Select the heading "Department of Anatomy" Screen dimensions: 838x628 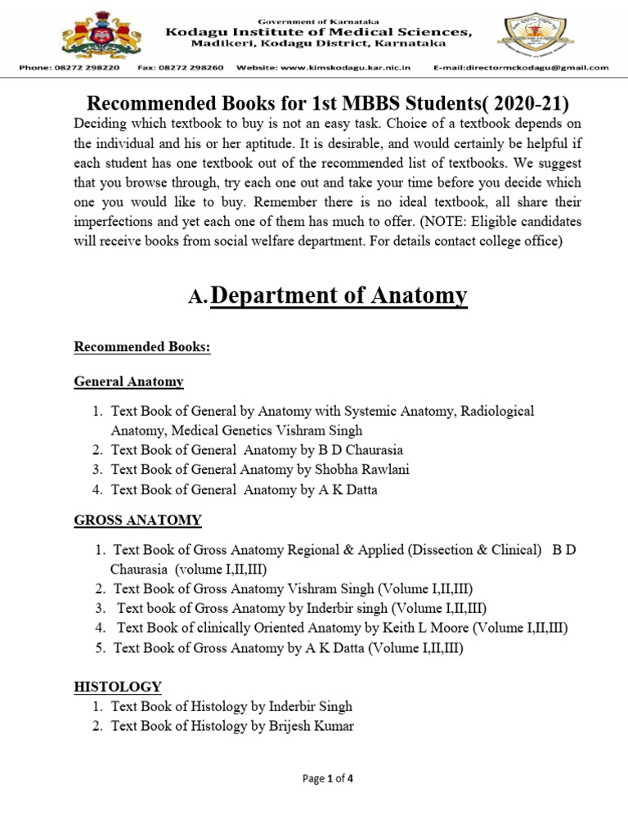(x=339, y=295)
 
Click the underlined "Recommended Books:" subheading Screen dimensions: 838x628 (x=142, y=347)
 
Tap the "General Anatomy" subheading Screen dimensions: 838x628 (x=128, y=381)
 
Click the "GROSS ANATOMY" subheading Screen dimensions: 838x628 (x=137, y=520)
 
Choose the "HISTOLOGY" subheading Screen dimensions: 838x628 (x=118, y=687)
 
